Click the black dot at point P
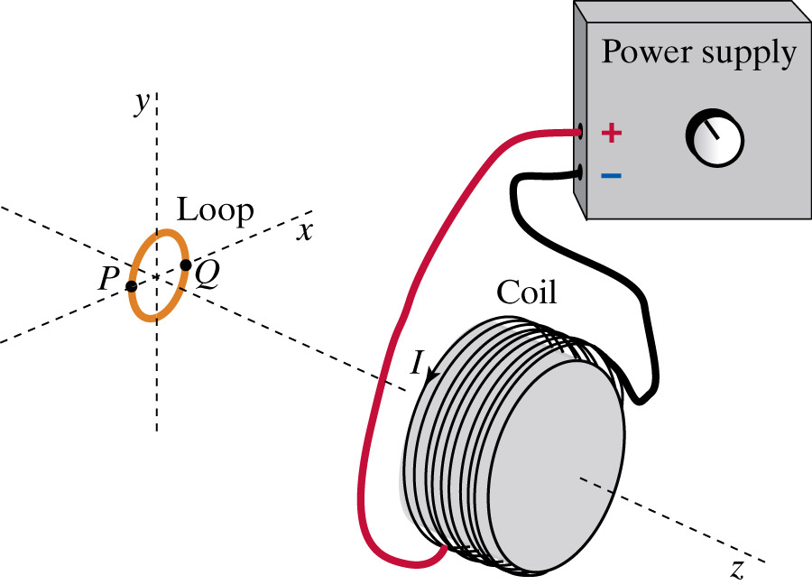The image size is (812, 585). (x=132, y=286)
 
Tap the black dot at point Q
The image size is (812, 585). (x=185, y=265)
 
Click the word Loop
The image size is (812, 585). (x=215, y=210)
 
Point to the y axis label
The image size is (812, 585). (x=142, y=104)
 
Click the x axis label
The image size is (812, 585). (x=305, y=231)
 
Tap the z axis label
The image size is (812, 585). (x=737, y=569)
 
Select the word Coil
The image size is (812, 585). (x=526, y=292)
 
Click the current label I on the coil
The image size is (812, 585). (x=416, y=362)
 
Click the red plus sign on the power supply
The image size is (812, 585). (x=611, y=134)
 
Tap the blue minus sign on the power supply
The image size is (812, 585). (x=611, y=173)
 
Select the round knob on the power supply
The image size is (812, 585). (x=715, y=138)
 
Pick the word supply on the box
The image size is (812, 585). (x=748, y=54)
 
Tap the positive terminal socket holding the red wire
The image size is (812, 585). (x=580, y=133)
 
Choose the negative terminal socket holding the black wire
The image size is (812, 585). (x=580, y=172)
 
